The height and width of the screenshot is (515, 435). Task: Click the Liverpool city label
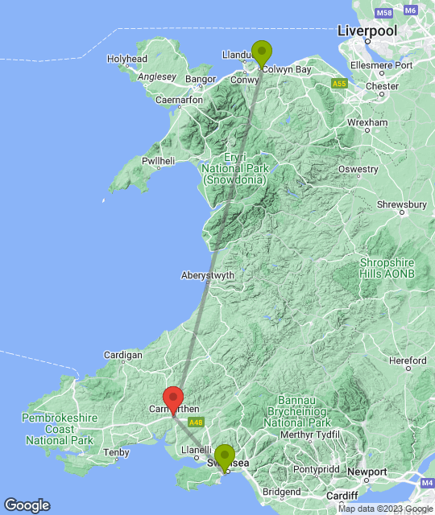pyautogui.click(x=367, y=31)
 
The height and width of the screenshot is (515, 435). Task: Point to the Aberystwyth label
pyautogui.click(x=208, y=275)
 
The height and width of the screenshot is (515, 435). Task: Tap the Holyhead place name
pyautogui.click(x=127, y=59)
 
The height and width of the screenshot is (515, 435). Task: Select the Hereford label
pyautogui.click(x=407, y=361)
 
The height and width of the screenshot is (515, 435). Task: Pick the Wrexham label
pyautogui.click(x=367, y=123)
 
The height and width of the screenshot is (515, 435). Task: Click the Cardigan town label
pyautogui.click(x=123, y=355)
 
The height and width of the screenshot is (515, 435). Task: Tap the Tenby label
pyautogui.click(x=117, y=452)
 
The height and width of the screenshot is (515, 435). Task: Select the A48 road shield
pyautogui.click(x=195, y=421)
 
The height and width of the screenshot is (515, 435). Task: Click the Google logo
pyautogui.click(x=27, y=505)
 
